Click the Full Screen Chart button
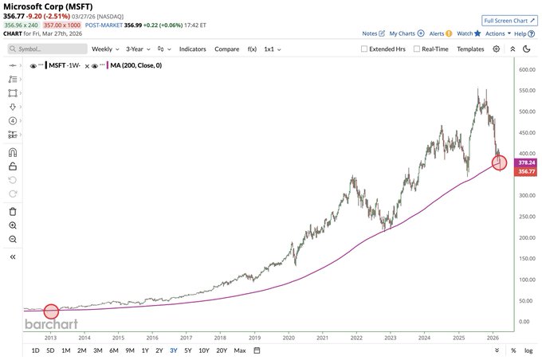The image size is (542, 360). pos(508,19)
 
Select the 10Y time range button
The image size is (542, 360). pos(205,350)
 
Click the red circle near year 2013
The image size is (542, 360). pos(50,311)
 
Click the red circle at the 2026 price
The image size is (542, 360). pos(500,162)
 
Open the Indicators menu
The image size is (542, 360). pos(192,49)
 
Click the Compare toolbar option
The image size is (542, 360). pos(226,49)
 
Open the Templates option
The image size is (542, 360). pos(470,49)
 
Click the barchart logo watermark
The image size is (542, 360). pos(51,324)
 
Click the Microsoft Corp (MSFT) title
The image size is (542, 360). pos(49,6)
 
